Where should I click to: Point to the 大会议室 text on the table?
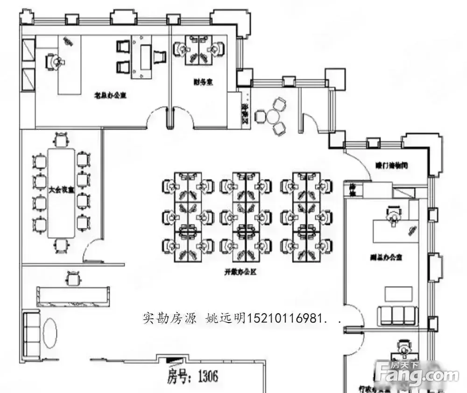(x=62, y=190)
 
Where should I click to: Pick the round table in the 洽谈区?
(x=273, y=116)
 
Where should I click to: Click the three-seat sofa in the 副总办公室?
(x=397, y=315)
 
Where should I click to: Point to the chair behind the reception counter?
(x=73, y=279)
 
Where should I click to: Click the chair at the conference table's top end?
(x=61, y=140)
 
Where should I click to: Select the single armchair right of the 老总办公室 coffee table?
(x=159, y=57)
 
